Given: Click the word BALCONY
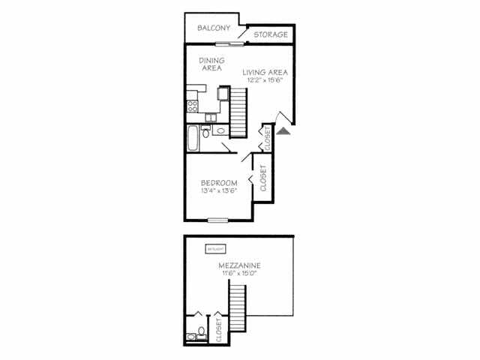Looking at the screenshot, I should click(x=214, y=28).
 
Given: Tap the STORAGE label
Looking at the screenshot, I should click(x=269, y=34).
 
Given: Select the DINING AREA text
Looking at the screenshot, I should click(x=211, y=64).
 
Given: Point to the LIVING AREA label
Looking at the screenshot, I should click(x=265, y=72).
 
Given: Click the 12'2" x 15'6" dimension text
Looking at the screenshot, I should click(x=265, y=80).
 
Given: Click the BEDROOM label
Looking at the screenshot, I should click(x=219, y=183).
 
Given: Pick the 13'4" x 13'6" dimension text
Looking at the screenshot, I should click(x=219, y=191).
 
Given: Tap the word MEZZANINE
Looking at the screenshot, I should click(x=240, y=265).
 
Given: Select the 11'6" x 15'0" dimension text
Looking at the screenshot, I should click(x=240, y=274).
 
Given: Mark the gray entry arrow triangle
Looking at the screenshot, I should click(x=283, y=130).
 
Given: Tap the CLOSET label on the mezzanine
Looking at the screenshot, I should click(x=219, y=330).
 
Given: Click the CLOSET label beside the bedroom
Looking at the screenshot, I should click(x=263, y=178).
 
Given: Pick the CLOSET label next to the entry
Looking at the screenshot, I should click(x=267, y=137).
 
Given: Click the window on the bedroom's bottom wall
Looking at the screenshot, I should click(x=218, y=220).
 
